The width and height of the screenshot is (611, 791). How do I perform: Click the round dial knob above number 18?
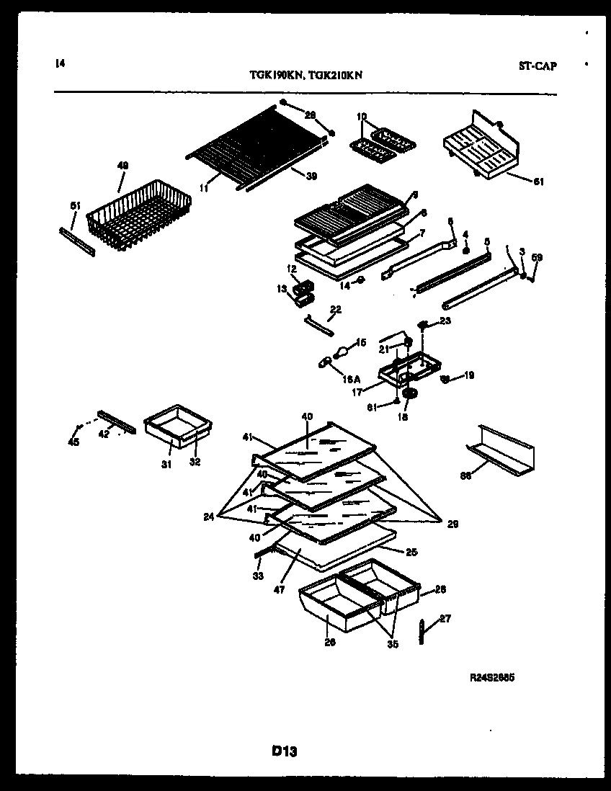click(x=411, y=393)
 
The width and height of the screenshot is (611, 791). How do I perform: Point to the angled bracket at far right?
click(x=502, y=447)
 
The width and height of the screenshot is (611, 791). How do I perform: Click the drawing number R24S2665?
click(x=493, y=678)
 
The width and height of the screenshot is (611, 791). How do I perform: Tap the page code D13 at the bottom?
click(x=285, y=751)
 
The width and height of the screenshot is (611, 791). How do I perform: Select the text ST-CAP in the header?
click(x=537, y=66)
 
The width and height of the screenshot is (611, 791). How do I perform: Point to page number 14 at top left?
click(x=59, y=63)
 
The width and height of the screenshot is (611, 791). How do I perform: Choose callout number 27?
click(x=445, y=618)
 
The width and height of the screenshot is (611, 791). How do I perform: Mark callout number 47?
click(x=279, y=589)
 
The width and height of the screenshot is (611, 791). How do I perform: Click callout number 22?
click(x=335, y=309)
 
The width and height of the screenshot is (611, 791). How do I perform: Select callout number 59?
click(x=536, y=257)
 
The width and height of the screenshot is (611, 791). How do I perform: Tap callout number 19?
click(x=469, y=375)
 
